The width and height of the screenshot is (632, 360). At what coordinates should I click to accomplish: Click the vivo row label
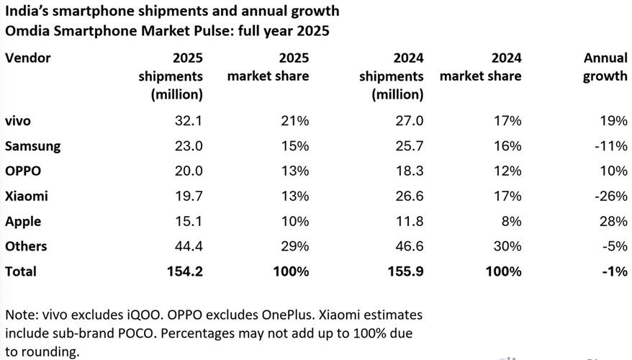pyautogui.click(x=19, y=121)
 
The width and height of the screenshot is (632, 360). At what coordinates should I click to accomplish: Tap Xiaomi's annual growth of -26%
pyautogui.click(x=610, y=196)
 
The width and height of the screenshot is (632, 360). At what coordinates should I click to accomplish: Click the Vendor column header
pyautogui.click(x=27, y=58)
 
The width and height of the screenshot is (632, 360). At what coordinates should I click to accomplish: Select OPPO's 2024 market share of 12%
pyautogui.click(x=509, y=171)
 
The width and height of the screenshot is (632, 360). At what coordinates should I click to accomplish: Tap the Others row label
pyautogui.click(x=26, y=246)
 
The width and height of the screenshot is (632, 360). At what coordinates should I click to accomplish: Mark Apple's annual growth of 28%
pyautogui.click(x=613, y=221)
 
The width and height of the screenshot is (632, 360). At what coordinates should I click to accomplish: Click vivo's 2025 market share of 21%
pyautogui.click(x=296, y=121)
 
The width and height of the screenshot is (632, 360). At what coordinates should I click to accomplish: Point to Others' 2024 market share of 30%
pyautogui.click(x=508, y=246)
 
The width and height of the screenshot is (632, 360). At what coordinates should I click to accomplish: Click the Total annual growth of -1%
pyautogui.click(x=614, y=271)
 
